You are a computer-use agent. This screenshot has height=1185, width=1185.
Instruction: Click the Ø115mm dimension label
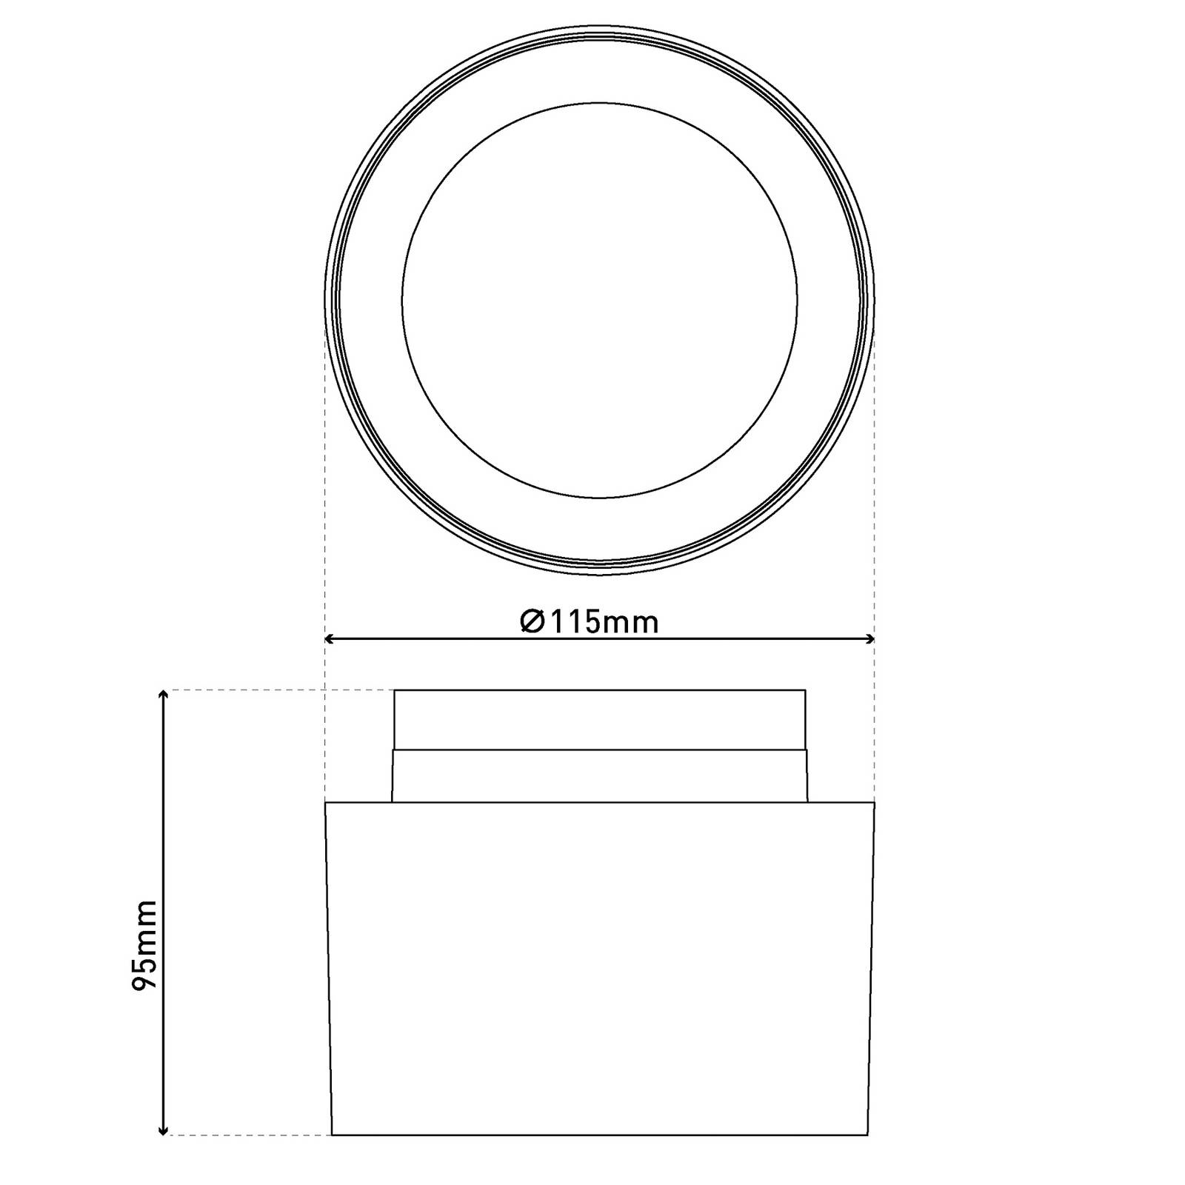pyautogui.click(x=590, y=622)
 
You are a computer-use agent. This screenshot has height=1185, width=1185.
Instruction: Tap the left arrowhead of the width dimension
pyautogui.click(x=330, y=638)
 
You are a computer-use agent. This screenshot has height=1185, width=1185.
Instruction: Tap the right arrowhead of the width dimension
pyautogui.click(x=870, y=638)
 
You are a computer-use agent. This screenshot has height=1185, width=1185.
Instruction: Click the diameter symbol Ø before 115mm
pyautogui.click(x=533, y=622)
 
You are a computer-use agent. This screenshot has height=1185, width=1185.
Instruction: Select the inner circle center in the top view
pyautogui.click(x=600, y=300)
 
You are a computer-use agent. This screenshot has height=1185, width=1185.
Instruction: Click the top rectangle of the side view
pyautogui.click(x=600, y=719)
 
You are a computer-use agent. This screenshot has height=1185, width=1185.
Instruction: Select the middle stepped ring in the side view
pyautogui.click(x=600, y=775)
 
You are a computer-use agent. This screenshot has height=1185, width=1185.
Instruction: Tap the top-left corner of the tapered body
pyautogui.click(x=326, y=803)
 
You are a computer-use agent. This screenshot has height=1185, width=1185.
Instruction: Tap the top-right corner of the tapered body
pyautogui.click(x=875, y=803)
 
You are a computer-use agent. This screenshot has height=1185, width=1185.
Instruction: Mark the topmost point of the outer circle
pyautogui.click(x=600, y=25)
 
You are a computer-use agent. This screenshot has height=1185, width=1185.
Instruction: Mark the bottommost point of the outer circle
pyautogui.click(x=600, y=575)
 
